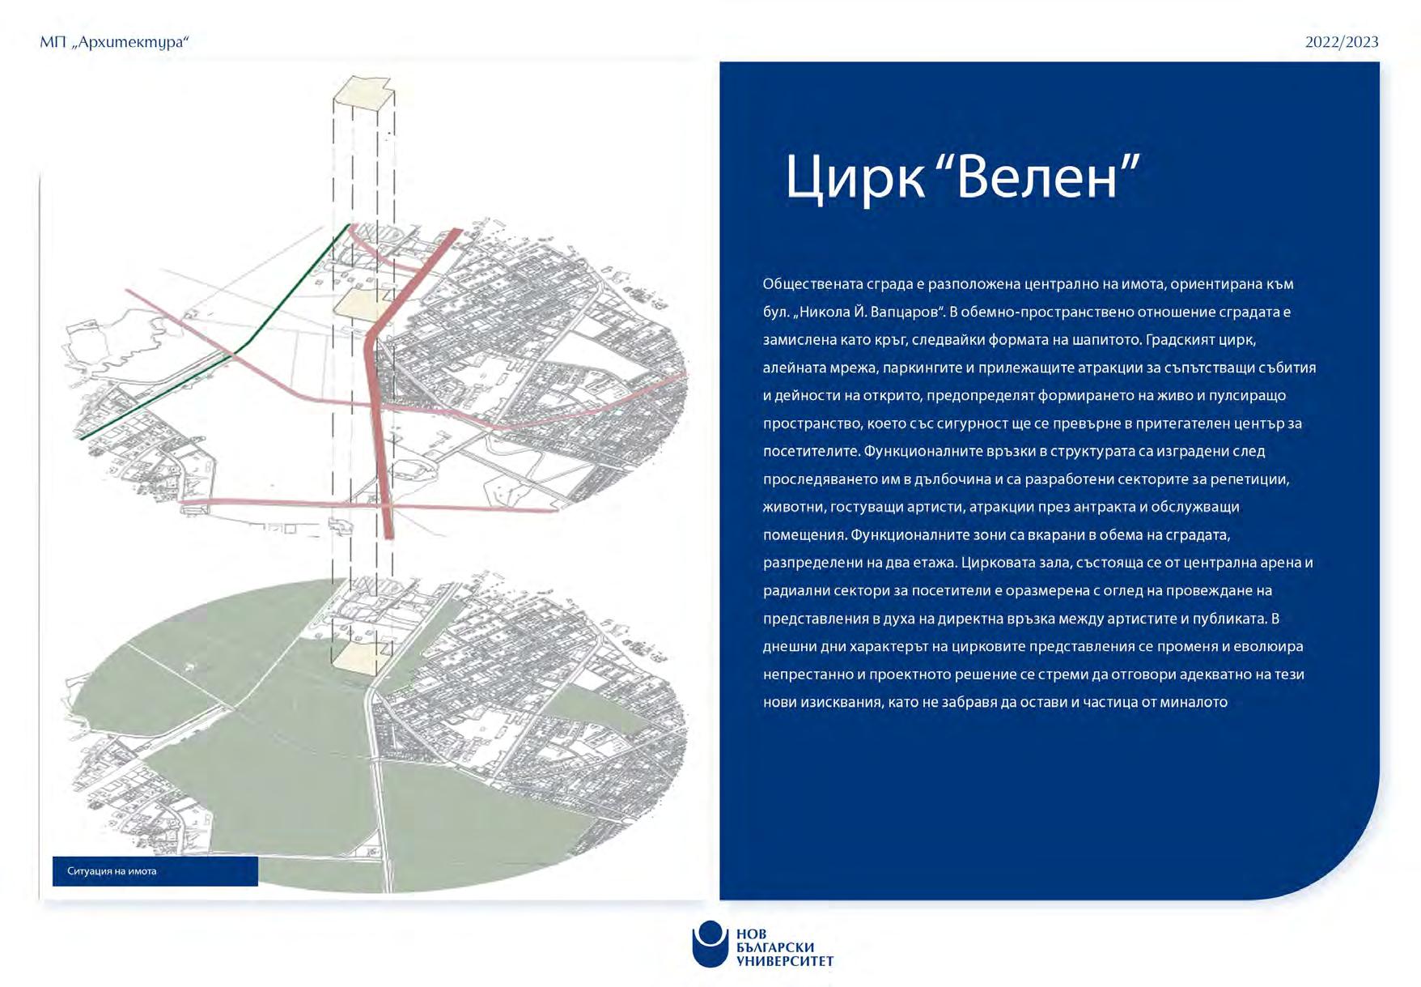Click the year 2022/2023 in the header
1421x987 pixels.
click(1341, 42)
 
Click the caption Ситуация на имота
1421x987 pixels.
click(112, 871)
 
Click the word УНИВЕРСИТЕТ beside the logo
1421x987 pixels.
click(784, 962)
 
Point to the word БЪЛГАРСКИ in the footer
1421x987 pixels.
click(775, 947)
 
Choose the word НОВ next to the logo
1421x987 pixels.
click(751, 934)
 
